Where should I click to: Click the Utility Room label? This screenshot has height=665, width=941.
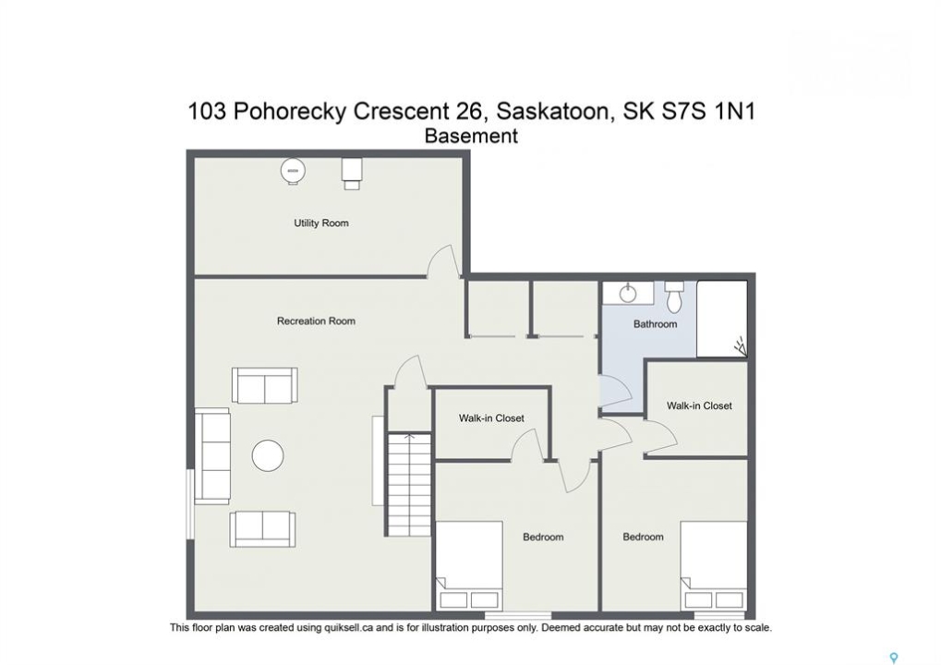click(x=321, y=224)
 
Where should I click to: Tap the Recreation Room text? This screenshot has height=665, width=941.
click(x=316, y=321)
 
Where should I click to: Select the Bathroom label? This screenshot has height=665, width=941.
click(x=656, y=324)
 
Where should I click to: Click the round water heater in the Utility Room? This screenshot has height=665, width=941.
click(x=293, y=172)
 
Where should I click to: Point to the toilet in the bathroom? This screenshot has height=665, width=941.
click(x=674, y=297)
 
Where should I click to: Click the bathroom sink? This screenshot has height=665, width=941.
click(x=628, y=294)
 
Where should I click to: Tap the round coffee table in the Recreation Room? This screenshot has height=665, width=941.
click(x=268, y=455)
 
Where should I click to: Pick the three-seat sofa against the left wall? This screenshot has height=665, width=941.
click(x=212, y=456)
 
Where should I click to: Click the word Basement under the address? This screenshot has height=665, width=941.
click(x=471, y=137)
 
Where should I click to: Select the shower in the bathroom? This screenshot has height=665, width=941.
click(x=722, y=319)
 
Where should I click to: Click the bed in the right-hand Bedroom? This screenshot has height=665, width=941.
click(x=714, y=566)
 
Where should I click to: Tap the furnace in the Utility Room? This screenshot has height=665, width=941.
click(x=352, y=173)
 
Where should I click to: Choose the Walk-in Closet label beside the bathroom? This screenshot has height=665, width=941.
click(x=699, y=405)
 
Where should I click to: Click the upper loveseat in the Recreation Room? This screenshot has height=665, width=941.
click(x=265, y=385)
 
